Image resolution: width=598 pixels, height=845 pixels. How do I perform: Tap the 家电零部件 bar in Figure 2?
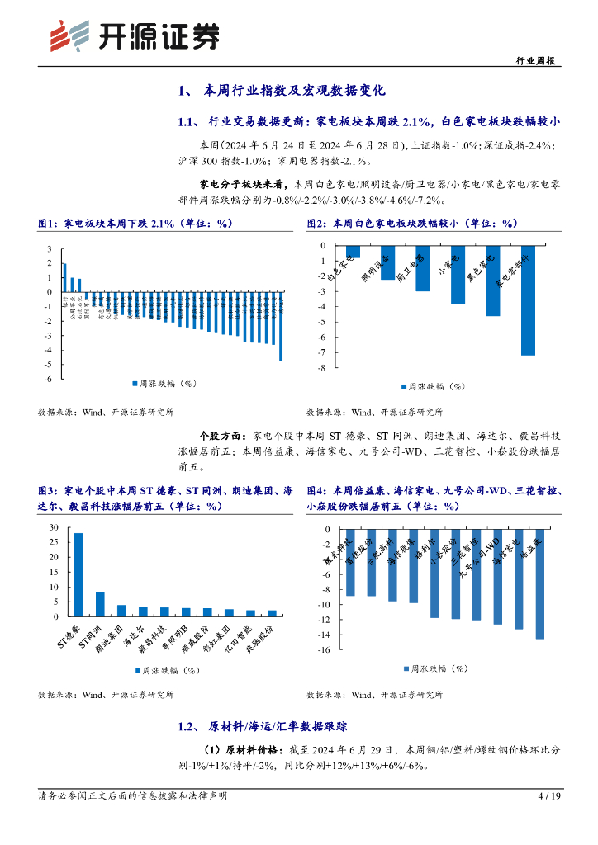pos(527,300)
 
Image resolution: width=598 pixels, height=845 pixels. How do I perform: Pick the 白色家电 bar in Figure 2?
pos(353,252)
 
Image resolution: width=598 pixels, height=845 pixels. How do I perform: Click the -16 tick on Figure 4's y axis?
pos(325,650)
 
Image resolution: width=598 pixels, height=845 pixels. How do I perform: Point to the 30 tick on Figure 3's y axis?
pos(54,527)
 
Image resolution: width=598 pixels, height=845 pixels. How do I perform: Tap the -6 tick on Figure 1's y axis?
pos(50,379)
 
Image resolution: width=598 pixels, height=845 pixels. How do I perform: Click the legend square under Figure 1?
pos(134,385)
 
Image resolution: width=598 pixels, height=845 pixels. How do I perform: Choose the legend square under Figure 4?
pos(405,668)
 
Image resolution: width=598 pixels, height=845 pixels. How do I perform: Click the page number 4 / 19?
pos(549,795)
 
